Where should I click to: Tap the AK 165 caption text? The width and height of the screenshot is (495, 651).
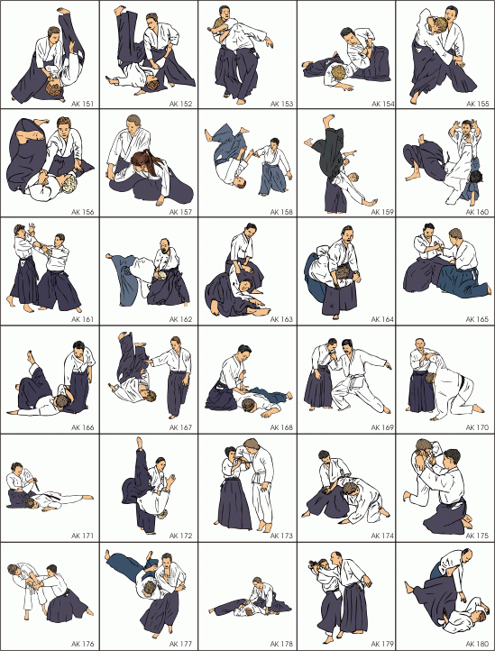[x=477, y=319]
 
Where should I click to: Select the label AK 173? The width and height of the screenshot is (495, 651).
[x=281, y=536]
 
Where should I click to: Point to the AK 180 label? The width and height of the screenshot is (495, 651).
[x=477, y=644]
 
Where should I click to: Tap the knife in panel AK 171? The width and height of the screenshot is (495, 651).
[x=37, y=482]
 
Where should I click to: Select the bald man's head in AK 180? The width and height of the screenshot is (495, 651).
[x=468, y=555]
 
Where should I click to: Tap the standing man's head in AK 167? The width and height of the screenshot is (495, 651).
[x=176, y=343]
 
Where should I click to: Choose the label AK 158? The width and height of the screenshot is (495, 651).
[x=281, y=212]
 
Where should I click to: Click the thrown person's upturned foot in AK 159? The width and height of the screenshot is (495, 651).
[x=329, y=121]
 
